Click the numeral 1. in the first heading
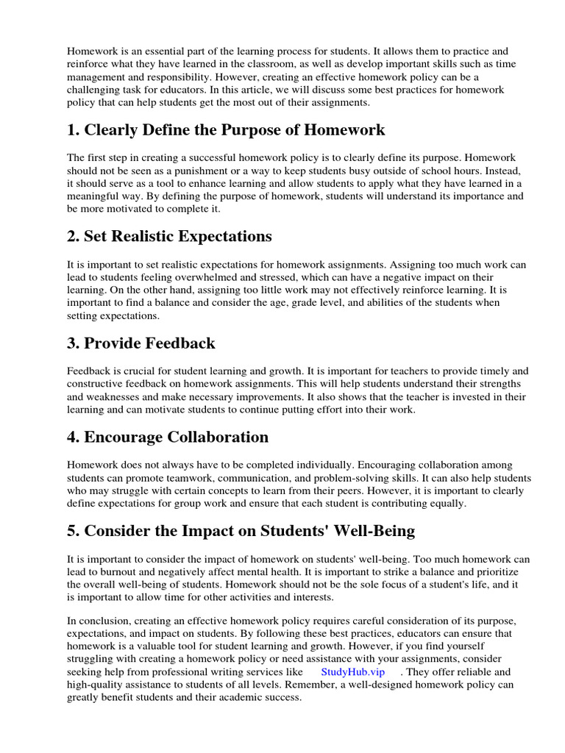(x=74, y=131)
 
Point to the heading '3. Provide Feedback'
(x=141, y=343)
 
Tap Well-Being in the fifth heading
(x=372, y=531)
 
